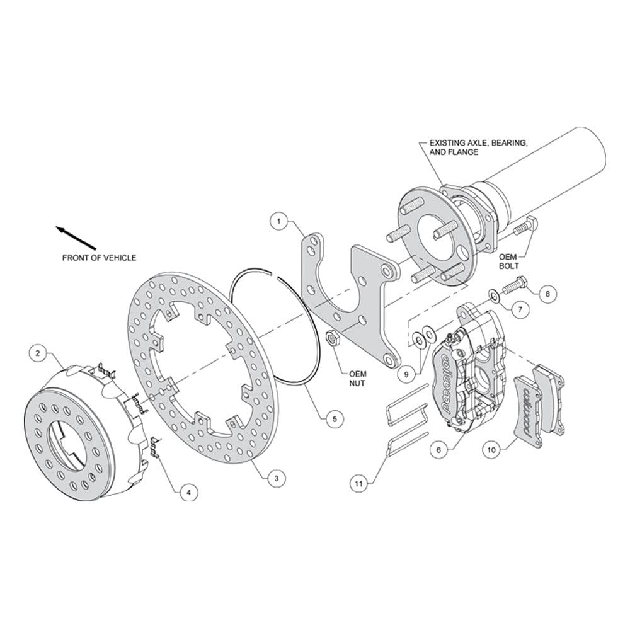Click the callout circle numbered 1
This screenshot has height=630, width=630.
pos(279,220)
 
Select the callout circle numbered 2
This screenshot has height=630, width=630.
pos(38,353)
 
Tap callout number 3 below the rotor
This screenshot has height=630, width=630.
pos(277,478)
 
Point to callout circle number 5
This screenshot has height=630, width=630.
pos(335,419)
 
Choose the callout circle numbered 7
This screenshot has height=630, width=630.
pos(520,309)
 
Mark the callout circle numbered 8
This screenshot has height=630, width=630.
pos(547,294)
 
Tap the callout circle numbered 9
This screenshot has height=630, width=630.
pos(406,374)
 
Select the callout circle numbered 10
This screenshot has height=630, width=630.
pos(491,450)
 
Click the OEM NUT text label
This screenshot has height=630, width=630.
pos(357,379)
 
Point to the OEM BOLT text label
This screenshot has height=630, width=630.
pos(508,261)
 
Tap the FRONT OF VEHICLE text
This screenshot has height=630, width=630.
pos(100,258)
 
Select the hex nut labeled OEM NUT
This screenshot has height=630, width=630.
pos(333,338)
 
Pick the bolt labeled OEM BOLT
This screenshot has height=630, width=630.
pos(526,226)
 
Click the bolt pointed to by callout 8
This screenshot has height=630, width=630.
pos(514,285)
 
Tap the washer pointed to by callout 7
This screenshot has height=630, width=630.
pos(493,295)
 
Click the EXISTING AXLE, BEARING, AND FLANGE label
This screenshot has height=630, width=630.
pos(478,147)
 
